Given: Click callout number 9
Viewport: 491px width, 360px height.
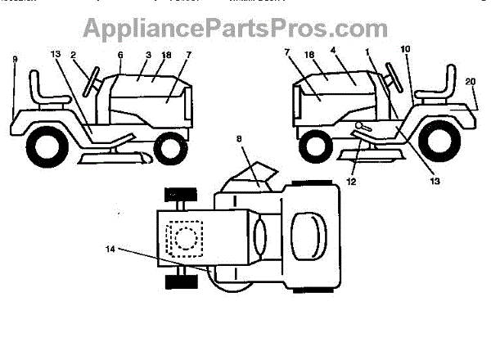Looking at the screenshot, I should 15,59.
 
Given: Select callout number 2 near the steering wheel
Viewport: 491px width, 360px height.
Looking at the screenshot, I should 73,55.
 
